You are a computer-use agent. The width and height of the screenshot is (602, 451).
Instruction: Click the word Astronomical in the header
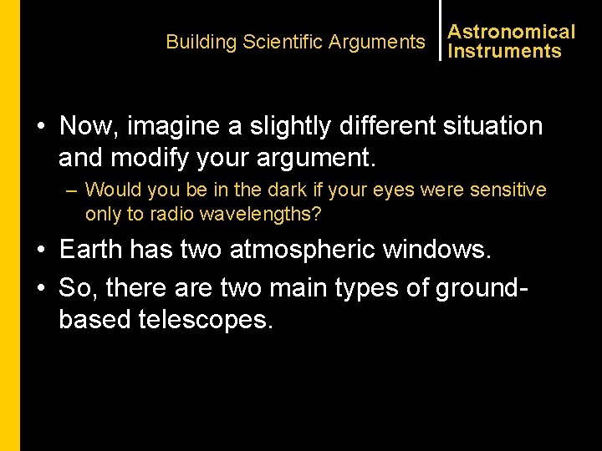click(x=512, y=32)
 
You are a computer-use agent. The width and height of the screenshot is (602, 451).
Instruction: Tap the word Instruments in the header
click(x=505, y=51)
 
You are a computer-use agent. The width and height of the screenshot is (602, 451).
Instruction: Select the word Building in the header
click(x=202, y=42)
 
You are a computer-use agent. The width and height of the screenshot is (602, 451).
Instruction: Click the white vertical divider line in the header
click(x=440, y=30)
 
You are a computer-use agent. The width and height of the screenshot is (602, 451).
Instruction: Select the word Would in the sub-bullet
click(x=111, y=190)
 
